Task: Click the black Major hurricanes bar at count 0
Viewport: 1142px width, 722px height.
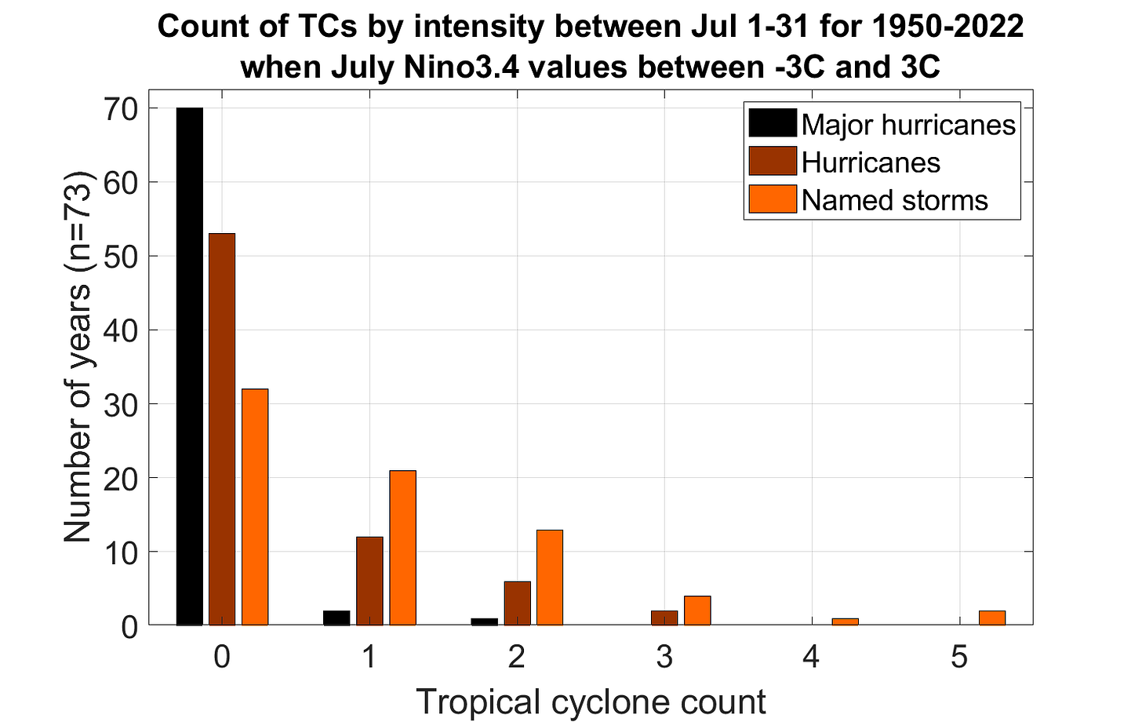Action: tap(190, 366)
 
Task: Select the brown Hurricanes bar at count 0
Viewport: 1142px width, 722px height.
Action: tap(222, 429)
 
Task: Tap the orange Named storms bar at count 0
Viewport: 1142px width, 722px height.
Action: tap(255, 507)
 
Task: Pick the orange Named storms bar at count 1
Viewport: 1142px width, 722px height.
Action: tap(403, 548)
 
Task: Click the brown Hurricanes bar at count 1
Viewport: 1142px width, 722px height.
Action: tap(369, 581)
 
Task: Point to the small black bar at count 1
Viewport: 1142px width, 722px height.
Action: tap(337, 618)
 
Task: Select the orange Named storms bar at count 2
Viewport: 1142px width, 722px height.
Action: tap(550, 577)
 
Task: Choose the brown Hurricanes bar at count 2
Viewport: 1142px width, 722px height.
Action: tap(518, 603)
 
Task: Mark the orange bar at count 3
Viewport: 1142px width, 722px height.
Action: tap(697, 611)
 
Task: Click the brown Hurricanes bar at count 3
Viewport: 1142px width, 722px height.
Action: tap(665, 618)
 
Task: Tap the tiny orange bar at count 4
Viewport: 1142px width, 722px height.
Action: tap(846, 622)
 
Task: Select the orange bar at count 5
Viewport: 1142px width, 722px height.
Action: tap(992, 618)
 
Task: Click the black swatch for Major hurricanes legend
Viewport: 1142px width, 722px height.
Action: tap(773, 123)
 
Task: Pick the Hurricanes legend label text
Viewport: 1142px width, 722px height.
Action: tap(871, 162)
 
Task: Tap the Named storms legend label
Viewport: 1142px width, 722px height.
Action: tap(895, 200)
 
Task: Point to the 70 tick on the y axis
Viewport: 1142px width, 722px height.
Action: tap(122, 109)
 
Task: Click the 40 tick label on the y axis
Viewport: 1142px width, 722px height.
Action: tap(122, 330)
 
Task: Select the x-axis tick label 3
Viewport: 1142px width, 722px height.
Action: tap(665, 657)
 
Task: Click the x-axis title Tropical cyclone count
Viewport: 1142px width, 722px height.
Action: tap(591, 702)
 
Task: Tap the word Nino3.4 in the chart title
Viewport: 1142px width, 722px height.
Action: tap(461, 67)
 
